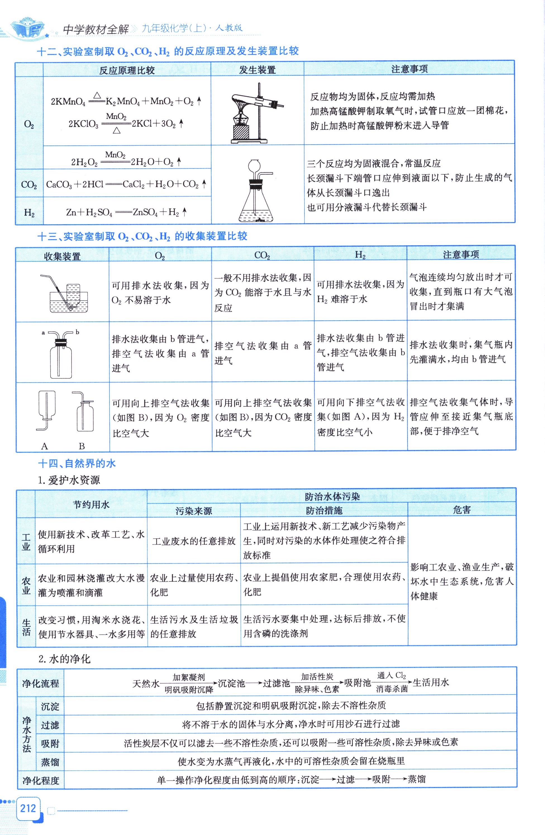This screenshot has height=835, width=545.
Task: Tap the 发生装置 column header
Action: click(257, 70)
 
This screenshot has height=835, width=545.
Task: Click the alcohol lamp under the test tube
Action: click(240, 121)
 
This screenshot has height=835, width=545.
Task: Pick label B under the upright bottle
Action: click(82, 446)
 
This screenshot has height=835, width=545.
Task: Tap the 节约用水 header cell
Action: click(91, 505)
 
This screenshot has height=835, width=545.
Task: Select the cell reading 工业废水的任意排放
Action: click(194, 541)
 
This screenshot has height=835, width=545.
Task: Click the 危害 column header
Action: click(461, 510)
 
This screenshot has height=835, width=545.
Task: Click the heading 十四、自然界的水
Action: click(77, 464)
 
